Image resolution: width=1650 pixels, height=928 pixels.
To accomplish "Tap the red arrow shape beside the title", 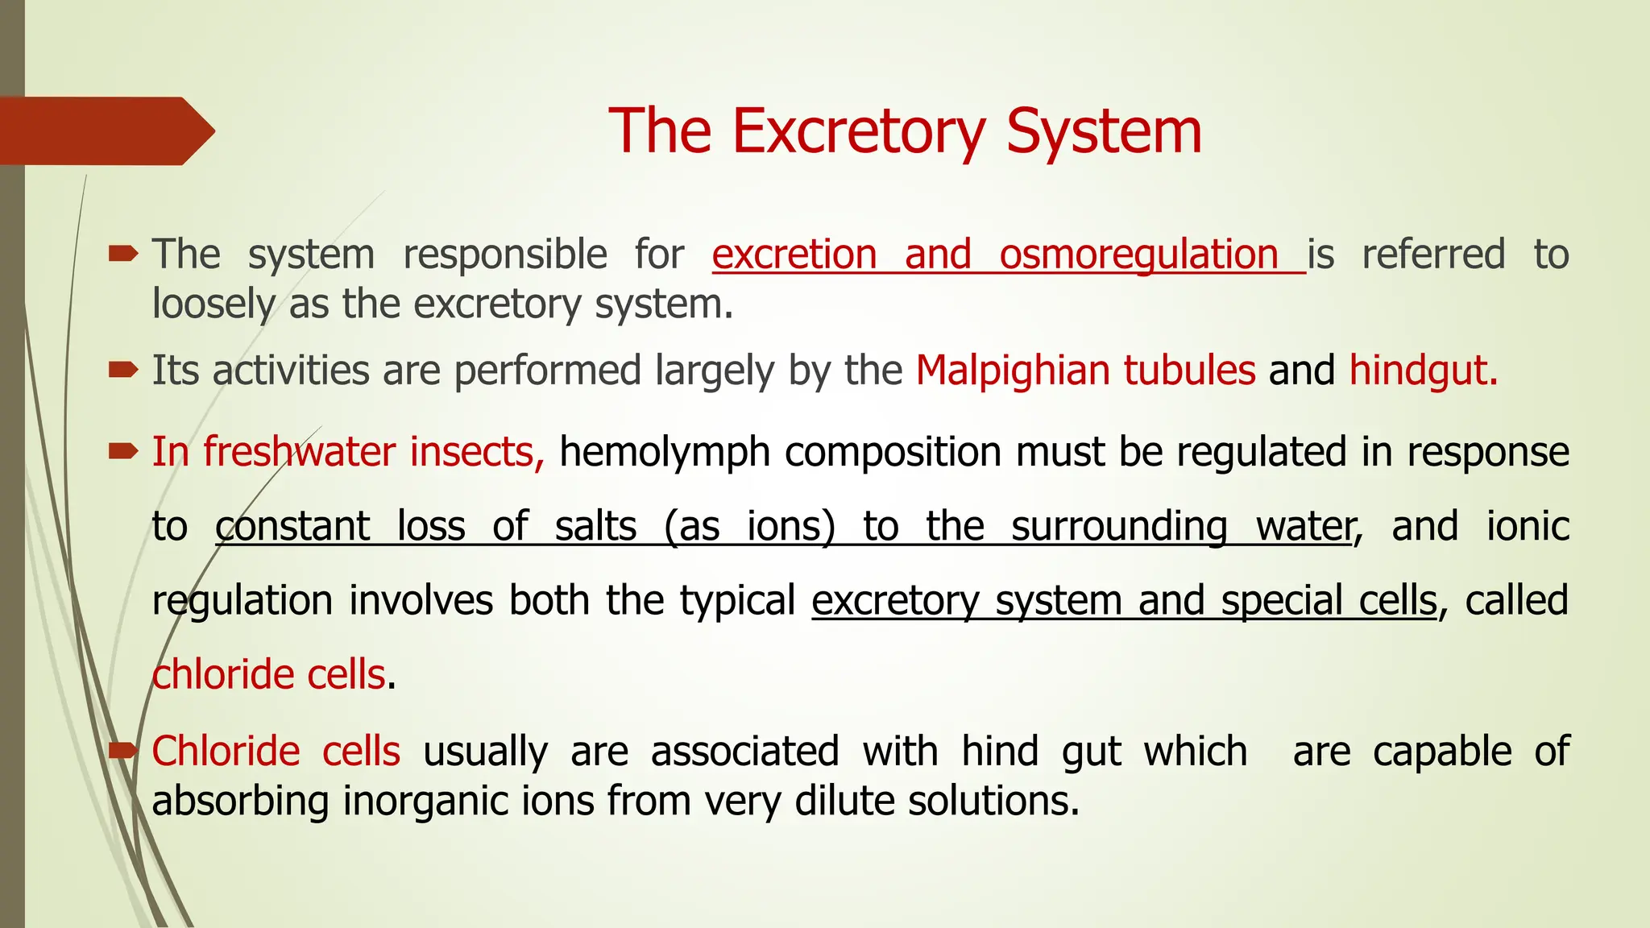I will tap(105, 130).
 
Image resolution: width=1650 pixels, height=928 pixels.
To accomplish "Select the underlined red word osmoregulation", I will tap(1138, 255).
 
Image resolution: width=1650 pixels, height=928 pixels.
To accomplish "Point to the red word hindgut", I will tap(1422, 371).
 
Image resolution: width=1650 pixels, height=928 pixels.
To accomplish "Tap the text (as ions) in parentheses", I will tap(749, 527).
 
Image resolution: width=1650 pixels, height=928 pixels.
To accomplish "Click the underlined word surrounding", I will tap(1120, 527).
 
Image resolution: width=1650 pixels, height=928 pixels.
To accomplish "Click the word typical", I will tap(737, 601).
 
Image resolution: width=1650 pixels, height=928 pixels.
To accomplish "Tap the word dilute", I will tap(844, 802).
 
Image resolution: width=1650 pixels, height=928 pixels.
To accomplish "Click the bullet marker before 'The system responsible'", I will tap(123, 255).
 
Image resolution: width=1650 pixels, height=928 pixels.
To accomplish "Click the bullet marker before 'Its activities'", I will tap(123, 371).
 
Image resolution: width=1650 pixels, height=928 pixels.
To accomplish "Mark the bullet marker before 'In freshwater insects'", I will tap(123, 452).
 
